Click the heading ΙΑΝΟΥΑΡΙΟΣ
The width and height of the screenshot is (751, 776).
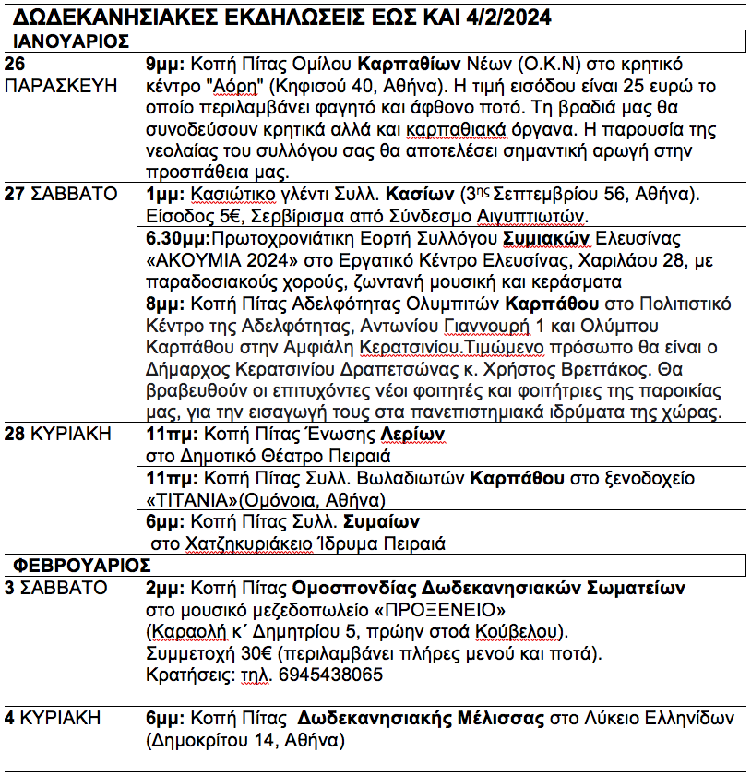pos(70,41)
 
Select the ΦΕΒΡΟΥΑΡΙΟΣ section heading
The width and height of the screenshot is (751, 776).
pos(80,565)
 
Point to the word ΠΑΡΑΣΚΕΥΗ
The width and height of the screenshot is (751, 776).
pos(62,86)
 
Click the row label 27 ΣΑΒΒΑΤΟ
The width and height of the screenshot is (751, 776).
pos(61,194)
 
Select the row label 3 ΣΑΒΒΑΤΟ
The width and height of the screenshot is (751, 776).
pos(55,588)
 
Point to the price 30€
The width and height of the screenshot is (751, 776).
pos(239,653)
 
